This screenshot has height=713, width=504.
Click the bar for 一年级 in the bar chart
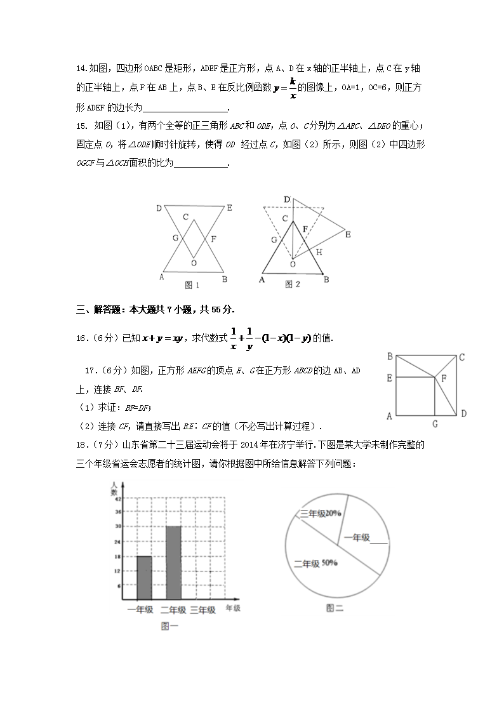(x=144, y=576)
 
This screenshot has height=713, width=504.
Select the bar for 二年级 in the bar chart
(x=173, y=561)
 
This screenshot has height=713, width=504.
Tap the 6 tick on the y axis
(x=118, y=585)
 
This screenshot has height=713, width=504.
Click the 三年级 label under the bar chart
(x=202, y=610)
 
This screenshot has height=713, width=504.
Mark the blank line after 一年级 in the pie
(x=378, y=541)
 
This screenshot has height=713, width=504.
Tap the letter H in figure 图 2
(x=319, y=252)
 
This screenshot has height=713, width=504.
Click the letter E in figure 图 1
(x=229, y=208)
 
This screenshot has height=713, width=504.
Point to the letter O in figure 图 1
(x=194, y=262)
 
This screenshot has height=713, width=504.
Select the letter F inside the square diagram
(x=444, y=378)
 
